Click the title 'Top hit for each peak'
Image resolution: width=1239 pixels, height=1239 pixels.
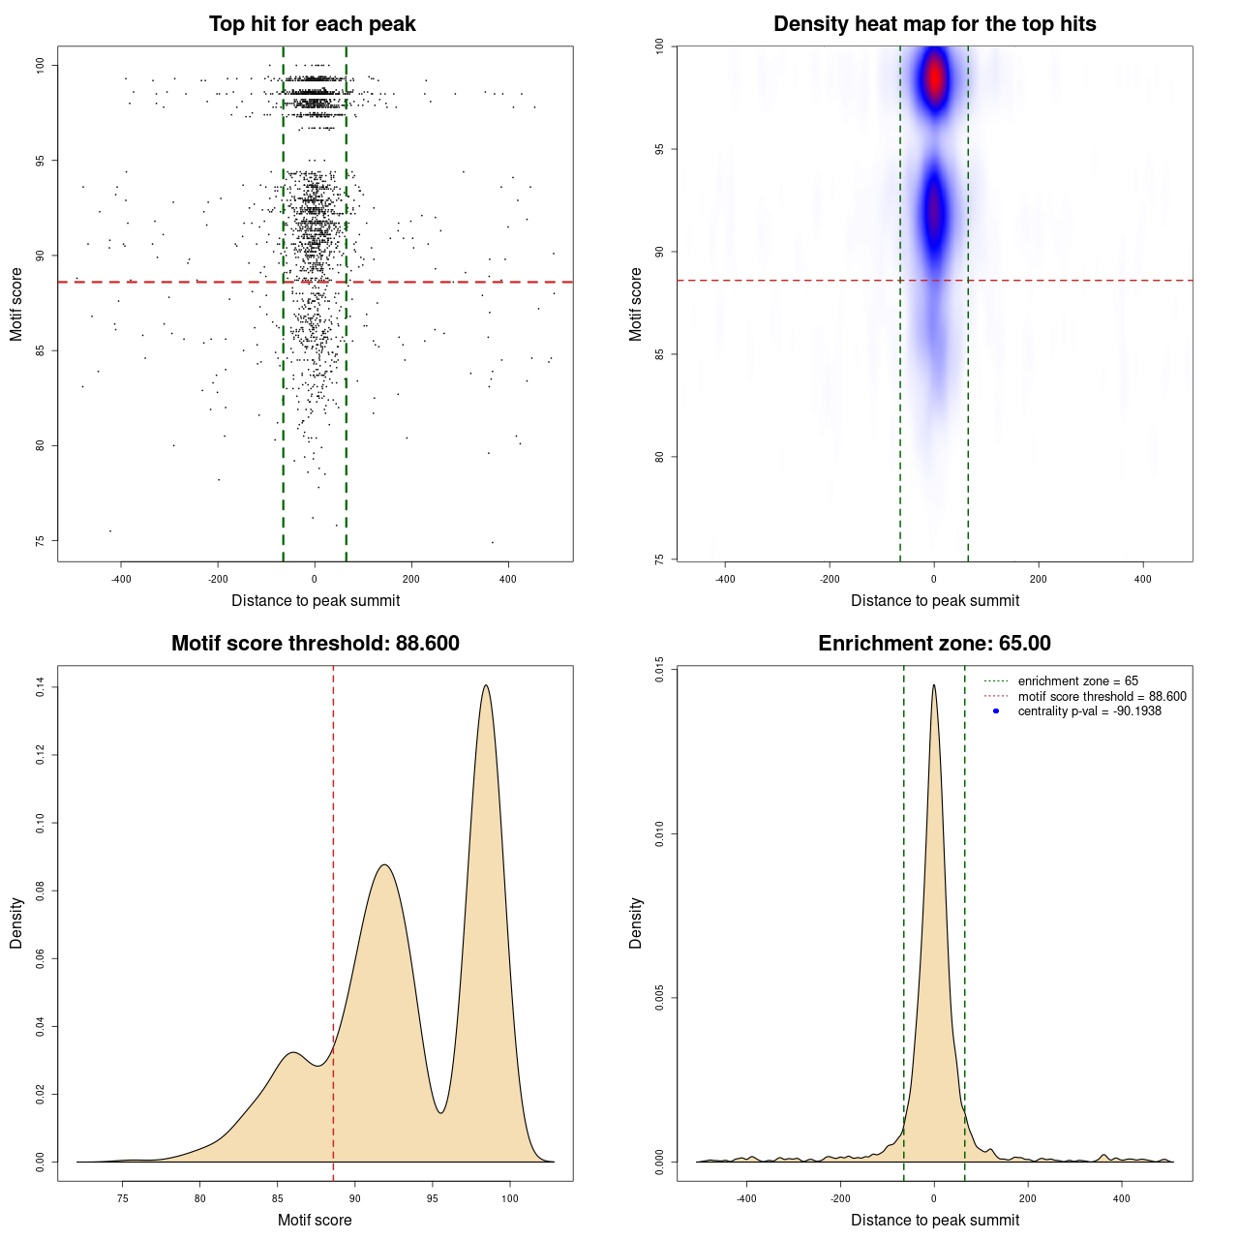(312, 24)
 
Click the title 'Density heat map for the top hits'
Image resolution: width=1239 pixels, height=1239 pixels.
(934, 24)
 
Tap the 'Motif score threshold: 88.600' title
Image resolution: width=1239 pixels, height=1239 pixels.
(315, 644)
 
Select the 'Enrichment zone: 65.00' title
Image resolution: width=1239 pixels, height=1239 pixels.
(934, 644)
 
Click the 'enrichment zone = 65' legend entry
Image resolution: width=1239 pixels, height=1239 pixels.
(1077, 681)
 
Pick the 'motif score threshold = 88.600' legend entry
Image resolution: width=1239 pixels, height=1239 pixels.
(1102, 696)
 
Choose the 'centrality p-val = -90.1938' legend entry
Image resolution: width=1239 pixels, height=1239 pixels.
(1089, 711)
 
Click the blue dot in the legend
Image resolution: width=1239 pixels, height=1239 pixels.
(996, 711)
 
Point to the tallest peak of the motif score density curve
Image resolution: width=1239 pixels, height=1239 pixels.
(486, 686)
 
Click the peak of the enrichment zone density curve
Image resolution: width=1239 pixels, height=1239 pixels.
(934, 685)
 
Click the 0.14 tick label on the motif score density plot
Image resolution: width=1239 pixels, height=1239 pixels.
(40, 687)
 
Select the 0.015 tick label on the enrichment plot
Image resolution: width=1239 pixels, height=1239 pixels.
(659, 670)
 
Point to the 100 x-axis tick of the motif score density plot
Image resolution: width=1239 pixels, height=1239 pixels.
(510, 1198)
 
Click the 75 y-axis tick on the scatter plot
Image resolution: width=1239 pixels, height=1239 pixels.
(40, 541)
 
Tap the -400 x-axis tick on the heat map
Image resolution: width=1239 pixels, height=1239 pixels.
(725, 579)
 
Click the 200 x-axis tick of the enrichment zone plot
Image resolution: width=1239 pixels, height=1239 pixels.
(1028, 1198)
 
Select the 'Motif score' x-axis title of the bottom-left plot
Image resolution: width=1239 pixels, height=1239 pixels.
(315, 1220)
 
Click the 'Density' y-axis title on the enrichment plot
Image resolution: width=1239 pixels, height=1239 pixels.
(636, 922)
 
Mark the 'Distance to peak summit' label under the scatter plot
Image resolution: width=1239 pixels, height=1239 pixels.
(316, 600)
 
